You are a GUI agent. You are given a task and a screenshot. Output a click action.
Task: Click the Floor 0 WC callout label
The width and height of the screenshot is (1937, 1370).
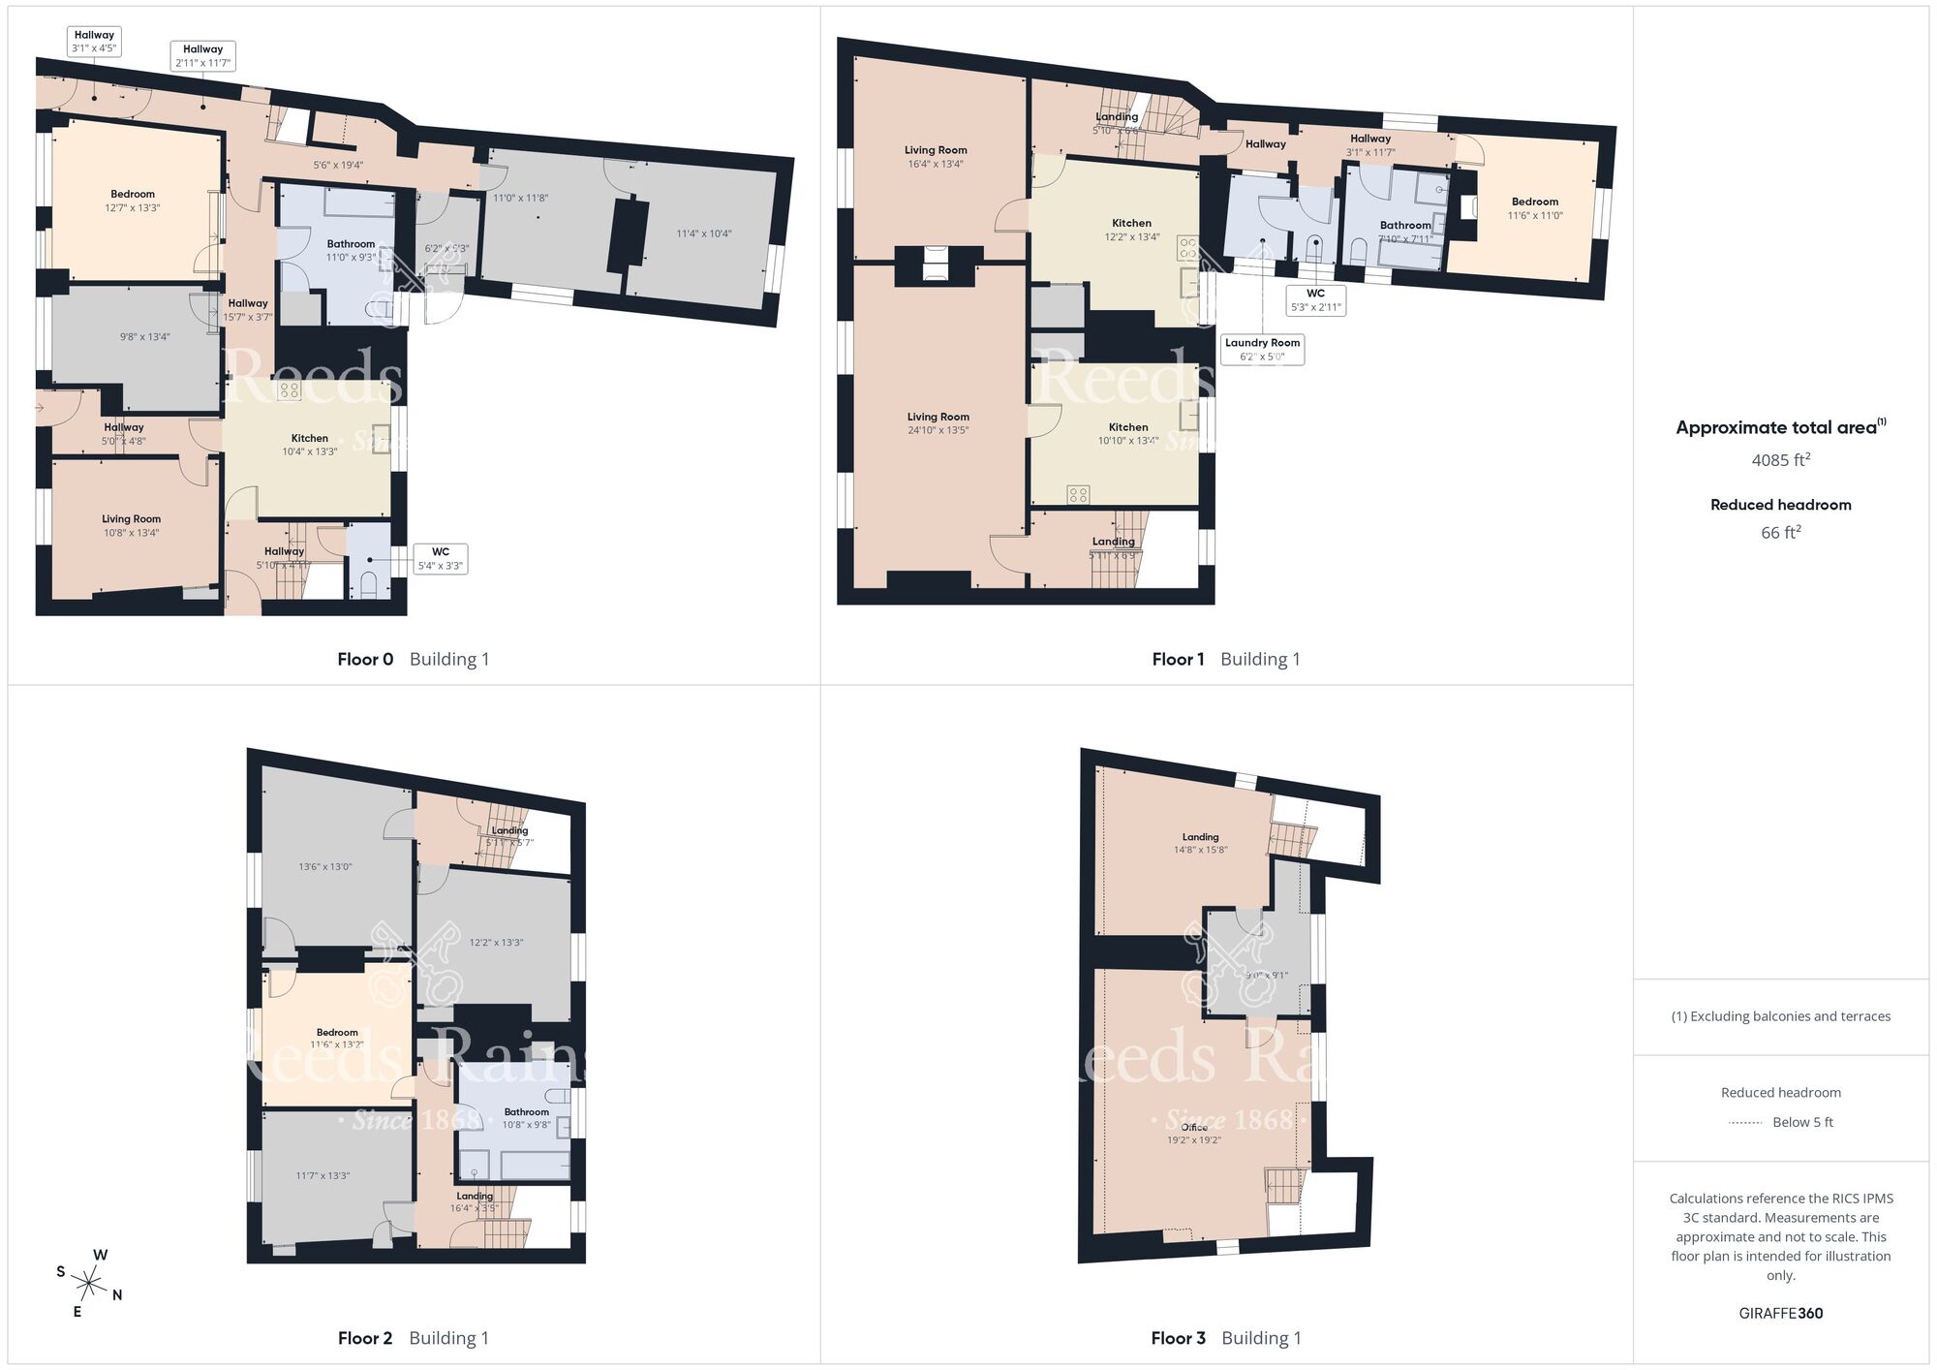(441, 558)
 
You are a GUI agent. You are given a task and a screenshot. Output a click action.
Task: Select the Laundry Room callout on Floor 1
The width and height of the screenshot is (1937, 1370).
(1262, 349)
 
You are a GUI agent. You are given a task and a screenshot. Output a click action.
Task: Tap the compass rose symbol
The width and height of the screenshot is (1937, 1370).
(89, 1285)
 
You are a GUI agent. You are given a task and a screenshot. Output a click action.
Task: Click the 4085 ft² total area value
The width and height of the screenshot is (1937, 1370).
(1780, 460)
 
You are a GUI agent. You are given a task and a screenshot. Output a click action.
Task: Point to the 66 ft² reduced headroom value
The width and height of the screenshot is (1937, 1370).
(1780, 533)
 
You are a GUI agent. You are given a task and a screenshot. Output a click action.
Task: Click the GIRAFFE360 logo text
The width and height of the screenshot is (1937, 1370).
(1780, 1314)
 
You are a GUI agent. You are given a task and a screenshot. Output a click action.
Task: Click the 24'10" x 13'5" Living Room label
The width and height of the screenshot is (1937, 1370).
(938, 423)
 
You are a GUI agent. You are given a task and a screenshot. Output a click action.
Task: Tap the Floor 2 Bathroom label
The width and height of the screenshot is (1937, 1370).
(526, 1118)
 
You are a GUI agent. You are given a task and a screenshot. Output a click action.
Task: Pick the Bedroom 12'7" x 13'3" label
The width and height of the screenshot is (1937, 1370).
(133, 201)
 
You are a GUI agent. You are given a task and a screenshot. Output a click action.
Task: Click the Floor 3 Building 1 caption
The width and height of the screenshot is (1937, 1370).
(1226, 1338)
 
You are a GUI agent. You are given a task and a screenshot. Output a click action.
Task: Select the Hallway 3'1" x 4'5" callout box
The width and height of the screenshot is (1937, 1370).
(94, 42)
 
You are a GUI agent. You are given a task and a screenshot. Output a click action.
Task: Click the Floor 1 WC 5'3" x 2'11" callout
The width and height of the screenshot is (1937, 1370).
(1315, 300)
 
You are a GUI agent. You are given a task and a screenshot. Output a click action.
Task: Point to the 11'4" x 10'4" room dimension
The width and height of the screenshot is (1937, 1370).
(703, 234)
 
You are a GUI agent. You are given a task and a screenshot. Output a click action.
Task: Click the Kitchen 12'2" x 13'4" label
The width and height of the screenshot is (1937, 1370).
(1131, 230)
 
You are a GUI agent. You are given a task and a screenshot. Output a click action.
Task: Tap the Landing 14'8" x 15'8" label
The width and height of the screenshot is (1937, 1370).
(1200, 843)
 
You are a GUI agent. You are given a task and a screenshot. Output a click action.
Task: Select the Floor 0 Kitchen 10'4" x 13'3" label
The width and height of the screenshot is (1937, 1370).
(310, 445)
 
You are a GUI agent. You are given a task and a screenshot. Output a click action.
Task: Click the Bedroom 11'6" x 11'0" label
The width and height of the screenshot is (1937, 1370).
(1534, 208)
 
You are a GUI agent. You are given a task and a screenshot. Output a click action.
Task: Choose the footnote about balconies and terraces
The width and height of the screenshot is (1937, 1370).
(1780, 1016)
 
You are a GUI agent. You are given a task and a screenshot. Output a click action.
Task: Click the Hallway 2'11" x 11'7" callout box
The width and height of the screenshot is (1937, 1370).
(202, 56)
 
